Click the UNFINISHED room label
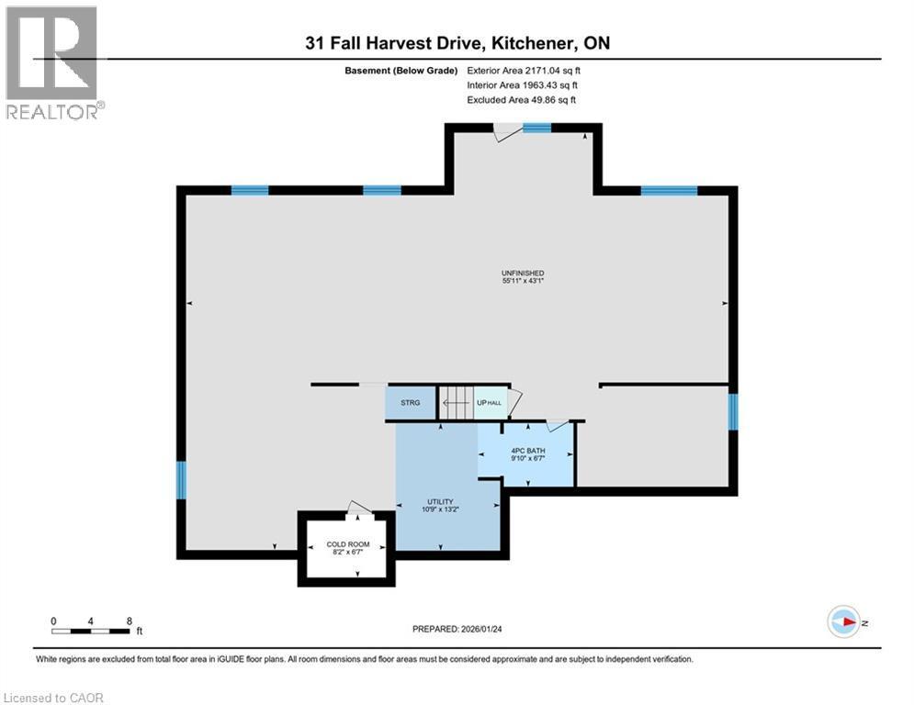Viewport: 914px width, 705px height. [x=523, y=273]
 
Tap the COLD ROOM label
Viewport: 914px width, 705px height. [x=348, y=544]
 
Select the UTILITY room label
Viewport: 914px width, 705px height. [x=439, y=501]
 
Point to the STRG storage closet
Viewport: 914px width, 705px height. [x=410, y=402]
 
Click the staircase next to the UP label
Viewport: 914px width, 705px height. [x=454, y=401]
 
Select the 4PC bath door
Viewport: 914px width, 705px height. [x=557, y=425]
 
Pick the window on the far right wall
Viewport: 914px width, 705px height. [x=732, y=411]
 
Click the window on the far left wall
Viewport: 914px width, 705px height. [x=181, y=479]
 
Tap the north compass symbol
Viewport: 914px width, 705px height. [x=844, y=622]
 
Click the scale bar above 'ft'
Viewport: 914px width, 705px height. [x=91, y=630]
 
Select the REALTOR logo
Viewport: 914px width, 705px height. [x=53, y=62]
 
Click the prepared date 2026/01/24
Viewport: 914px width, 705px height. [x=487, y=629]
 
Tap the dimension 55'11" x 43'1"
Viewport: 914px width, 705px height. [x=523, y=282]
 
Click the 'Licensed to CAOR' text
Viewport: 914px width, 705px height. [x=53, y=698]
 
